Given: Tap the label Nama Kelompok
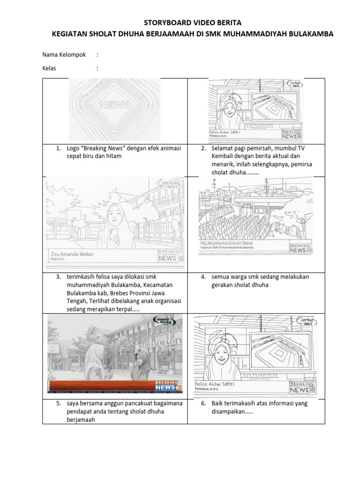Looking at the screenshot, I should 64,55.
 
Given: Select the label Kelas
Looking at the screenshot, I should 49,68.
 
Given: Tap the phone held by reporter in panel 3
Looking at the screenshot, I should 112,232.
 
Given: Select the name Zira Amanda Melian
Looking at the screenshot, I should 72,254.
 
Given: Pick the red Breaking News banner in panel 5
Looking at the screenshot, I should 108,386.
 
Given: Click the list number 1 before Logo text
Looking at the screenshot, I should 59,149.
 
